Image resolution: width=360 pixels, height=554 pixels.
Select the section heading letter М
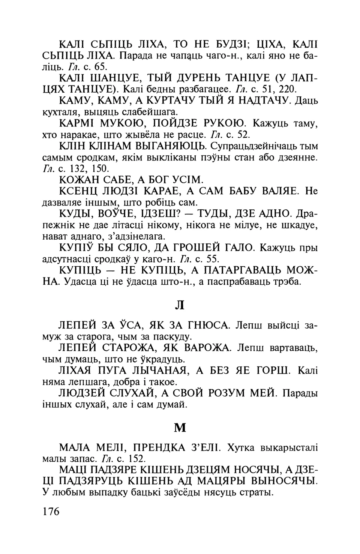[180, 427]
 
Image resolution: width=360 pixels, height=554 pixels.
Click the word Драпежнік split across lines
[306, 214]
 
